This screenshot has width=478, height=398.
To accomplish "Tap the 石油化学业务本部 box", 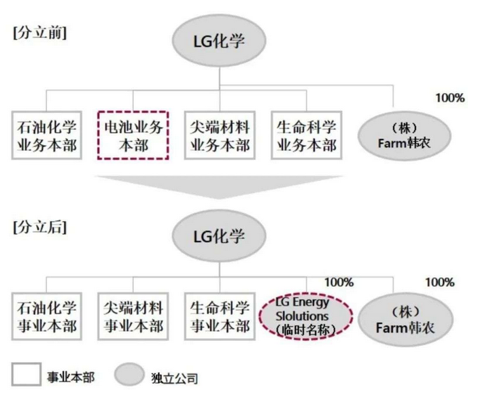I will click(x=47, y=134).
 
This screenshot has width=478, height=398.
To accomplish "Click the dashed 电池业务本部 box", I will click(x=133, y=134).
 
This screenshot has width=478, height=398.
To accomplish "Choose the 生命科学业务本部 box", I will click(x=307, y=134).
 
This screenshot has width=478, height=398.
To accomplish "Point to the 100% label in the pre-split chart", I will click(x=450, y=98).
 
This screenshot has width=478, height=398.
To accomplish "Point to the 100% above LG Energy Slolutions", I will click(x=339, y=282).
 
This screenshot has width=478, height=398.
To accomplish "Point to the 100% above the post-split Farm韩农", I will click(x=440, y=282).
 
